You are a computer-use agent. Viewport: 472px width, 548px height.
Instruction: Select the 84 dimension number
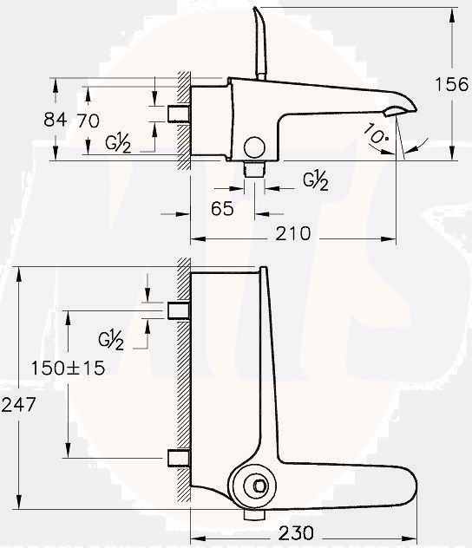tap(55, 120)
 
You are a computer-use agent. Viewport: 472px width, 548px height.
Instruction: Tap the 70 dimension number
tap(88, 120)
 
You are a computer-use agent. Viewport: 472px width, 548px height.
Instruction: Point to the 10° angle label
tap(376, 134)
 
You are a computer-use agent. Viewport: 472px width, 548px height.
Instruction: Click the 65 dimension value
tap(223, 208)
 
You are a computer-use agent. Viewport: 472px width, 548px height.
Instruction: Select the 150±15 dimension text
tap(68, 368)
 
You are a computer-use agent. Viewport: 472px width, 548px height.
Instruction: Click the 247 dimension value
tap(17, 404)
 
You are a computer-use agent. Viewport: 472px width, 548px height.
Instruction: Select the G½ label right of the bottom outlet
tap(316, 179)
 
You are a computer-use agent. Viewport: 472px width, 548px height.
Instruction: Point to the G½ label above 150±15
tap(111, 340)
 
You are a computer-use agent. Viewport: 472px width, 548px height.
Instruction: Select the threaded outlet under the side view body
tap(254, 167)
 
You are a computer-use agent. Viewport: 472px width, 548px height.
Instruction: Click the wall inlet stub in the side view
tap(179, 114)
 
